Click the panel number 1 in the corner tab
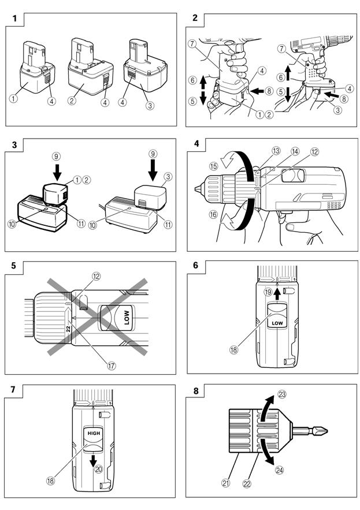(x=14, y=19)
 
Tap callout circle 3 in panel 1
(x=150, y=105)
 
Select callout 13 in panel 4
(x=276, y=151)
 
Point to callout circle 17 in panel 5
(x=112, y=366)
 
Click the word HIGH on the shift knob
(x=94, y=433)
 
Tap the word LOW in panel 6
(x=277, y=323)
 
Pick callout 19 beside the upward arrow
(x=268, y=292)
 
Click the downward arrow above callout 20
(x=94, y=460)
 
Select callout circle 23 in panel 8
(x=281, y=394)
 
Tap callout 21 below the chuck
(x=225, y=483)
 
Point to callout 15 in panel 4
(x=214, y=166)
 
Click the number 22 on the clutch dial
(x=68, y=329)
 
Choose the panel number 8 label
(x=196, y=390)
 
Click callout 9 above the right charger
(x=153, y=154)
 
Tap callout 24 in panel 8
(x=279, y=470)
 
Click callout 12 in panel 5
(x=96, y=277)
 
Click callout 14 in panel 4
(x=295, y=151)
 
